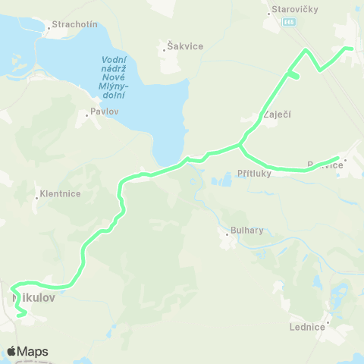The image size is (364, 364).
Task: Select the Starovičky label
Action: coord(297,9)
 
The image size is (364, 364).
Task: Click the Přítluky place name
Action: coord(253,173)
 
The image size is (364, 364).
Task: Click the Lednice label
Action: coord(306,327)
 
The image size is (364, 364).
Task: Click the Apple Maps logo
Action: coord(27,351)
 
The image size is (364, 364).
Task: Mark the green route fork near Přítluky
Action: coord(240,143)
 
